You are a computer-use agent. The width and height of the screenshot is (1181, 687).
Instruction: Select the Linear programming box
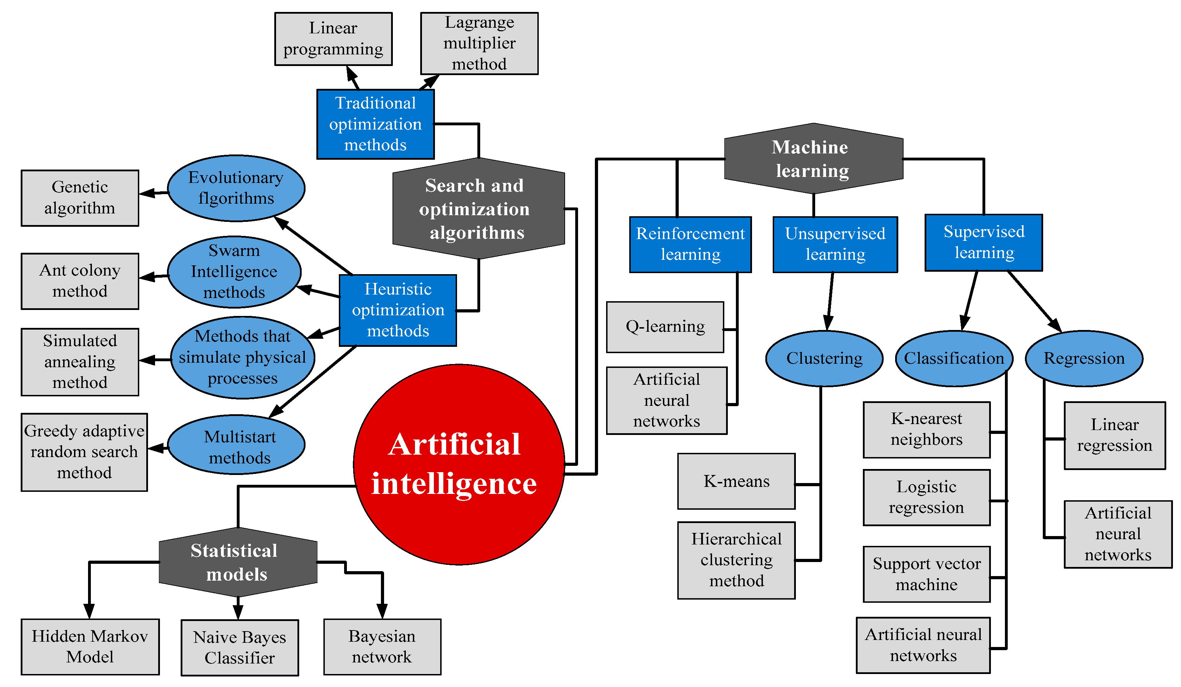tap(333, 39)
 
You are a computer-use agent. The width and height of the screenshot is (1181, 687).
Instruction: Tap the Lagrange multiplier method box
tap(479, 43)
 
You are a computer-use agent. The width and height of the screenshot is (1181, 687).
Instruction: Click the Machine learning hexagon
tap(813, 159)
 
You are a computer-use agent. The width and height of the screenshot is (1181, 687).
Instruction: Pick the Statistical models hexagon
tap(237, 562)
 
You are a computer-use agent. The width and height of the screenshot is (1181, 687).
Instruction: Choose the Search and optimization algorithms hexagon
tap(478, 208)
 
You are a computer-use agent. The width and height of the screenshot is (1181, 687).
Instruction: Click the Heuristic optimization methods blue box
tap(397, 310)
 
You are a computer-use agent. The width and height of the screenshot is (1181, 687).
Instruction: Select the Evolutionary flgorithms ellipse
tap(236, 188)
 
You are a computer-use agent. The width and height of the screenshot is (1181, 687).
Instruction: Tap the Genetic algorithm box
tap(80, 198)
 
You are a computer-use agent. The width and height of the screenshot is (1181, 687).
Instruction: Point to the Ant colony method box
tap(80, 281)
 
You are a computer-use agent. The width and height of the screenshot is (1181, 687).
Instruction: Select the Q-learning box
tap(665, 327)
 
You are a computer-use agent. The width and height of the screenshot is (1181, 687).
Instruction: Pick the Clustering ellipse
tap(824, 358)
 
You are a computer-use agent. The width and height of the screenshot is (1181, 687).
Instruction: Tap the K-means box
tap(736, 481)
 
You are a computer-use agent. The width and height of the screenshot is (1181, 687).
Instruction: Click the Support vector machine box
tap(926, 574)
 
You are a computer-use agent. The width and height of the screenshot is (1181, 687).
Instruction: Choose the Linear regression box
tap(1114, 435)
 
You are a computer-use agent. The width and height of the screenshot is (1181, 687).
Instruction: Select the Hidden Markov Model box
tap(90, 646)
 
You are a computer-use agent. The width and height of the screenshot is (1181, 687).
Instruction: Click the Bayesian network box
tap(382, 647)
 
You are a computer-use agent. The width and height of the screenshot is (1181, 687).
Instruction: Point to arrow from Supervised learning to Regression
tap(1035, 302)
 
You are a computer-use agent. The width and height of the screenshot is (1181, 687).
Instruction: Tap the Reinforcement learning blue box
tap(690, 244)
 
